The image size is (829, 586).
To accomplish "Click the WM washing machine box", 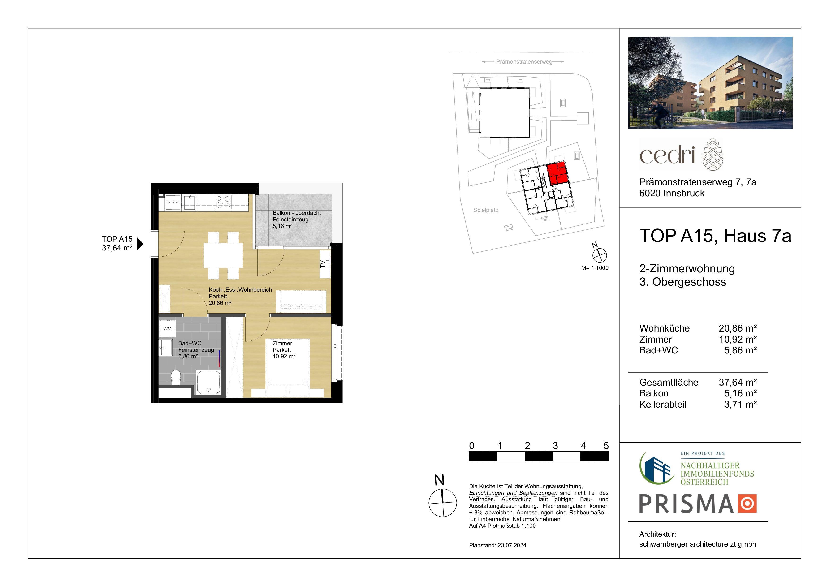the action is click(x=167, y=329).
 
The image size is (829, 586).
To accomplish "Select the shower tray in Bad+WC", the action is click(x=208, y=382).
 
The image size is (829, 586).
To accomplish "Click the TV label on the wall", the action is click(x=323, y=264).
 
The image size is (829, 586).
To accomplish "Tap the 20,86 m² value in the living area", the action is click(x=220, y=303).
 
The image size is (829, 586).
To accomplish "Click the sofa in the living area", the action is click(x=301, y=302).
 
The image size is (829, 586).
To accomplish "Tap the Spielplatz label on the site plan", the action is click(x=486, y=210).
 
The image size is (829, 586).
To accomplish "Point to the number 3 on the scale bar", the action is click(x=555, y=446).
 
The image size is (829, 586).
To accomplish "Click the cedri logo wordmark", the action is click(x=667, y=155).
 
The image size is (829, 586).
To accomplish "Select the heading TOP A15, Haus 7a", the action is click(x=715, y=236).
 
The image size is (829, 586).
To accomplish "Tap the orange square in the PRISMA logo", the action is click(x=747, y=503).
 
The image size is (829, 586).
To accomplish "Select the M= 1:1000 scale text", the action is click(x=595, y=268).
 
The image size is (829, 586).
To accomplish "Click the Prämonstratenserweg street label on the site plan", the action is click(x=524, y=62).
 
